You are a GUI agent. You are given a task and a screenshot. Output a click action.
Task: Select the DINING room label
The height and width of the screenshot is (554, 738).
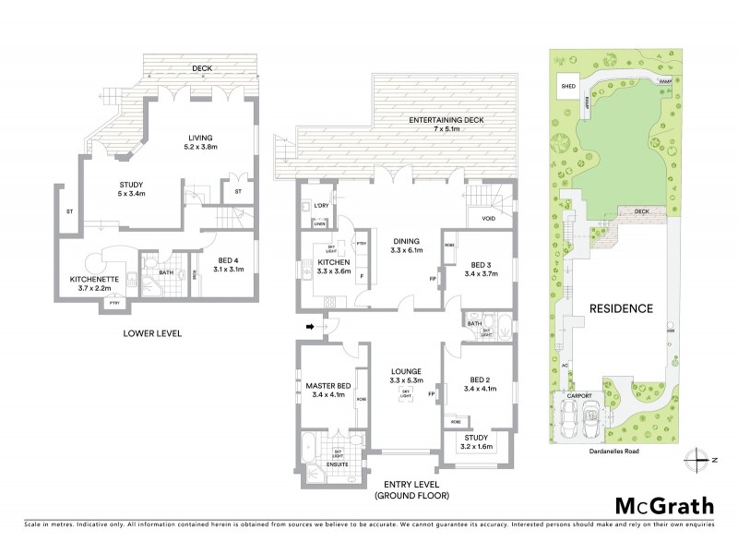(x=407, y=243)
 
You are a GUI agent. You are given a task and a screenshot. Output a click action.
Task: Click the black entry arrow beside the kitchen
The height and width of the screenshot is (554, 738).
(x=310, y=326)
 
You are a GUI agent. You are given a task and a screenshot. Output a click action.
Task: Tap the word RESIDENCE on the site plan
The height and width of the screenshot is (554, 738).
(x=622, y=308)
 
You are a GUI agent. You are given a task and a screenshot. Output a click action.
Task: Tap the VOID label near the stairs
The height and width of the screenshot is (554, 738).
(x=489, y=219)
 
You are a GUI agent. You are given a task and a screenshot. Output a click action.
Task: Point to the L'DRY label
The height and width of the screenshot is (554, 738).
(x=322, y=204)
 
